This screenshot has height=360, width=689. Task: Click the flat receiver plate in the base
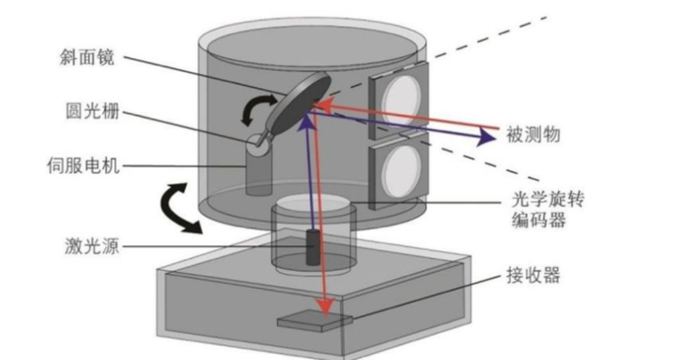pyautogui.click(x=314, y=321)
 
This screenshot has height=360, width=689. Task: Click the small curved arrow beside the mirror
pyautogui.click(x=256, y=109)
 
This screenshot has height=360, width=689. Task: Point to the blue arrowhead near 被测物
pyautogui.click(x=486, y=137)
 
